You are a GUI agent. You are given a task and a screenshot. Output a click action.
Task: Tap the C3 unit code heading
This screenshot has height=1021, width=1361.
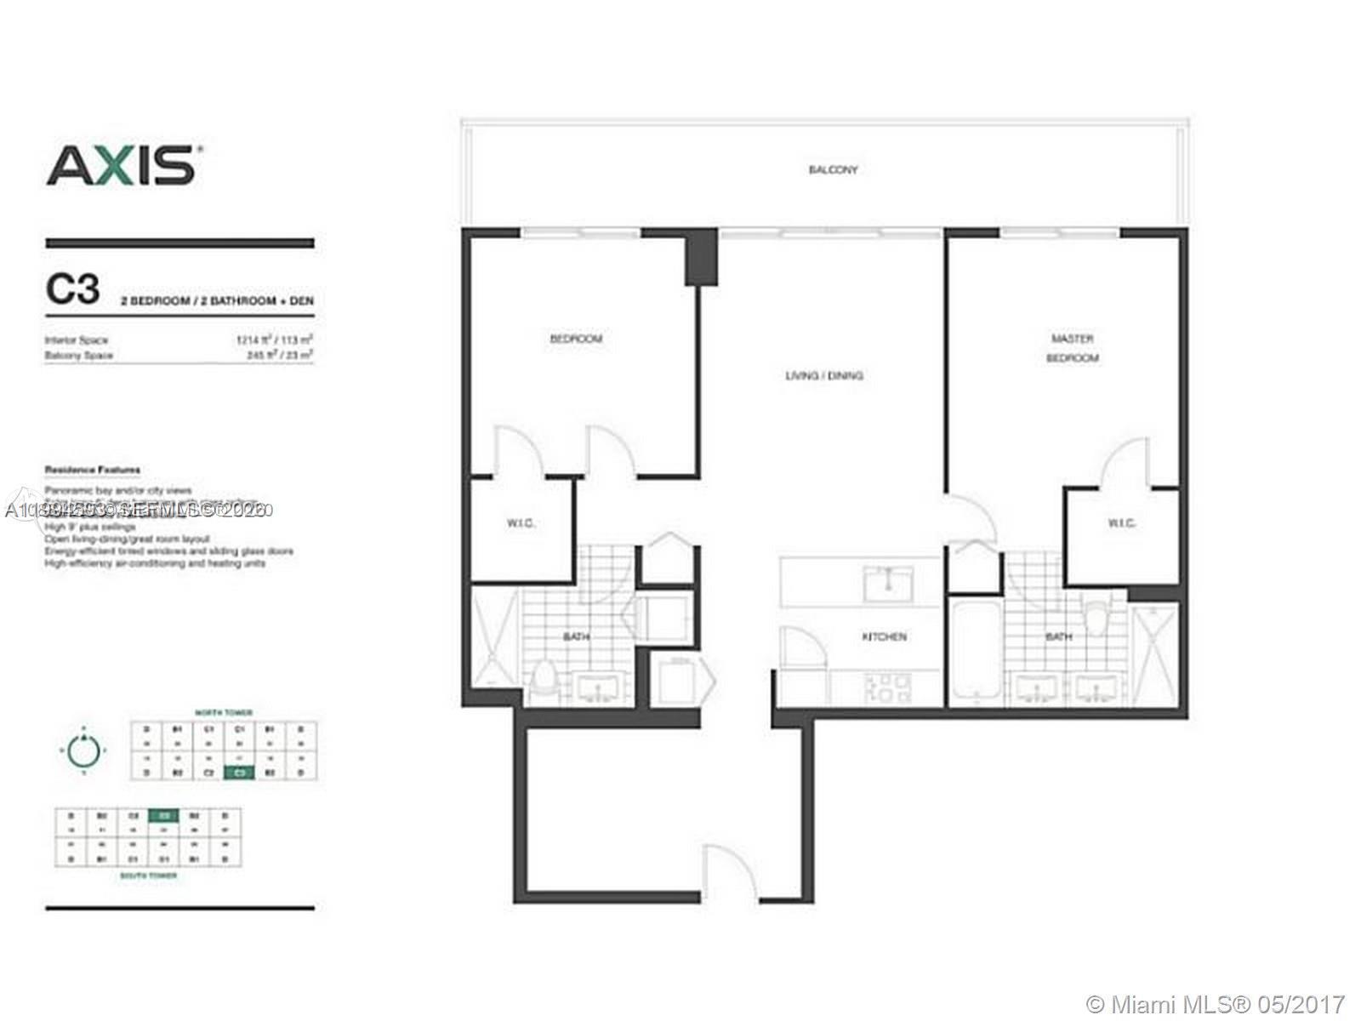tap(72, 290)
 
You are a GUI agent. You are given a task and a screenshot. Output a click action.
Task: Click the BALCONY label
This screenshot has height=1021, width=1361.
tap(833, 170)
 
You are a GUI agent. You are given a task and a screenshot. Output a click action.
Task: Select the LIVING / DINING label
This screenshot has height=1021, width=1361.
tap(823, 375)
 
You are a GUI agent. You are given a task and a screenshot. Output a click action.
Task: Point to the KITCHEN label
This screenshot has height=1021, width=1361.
tap(885, 636)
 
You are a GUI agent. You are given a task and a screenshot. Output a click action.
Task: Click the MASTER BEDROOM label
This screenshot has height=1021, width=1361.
tap(1072, 348)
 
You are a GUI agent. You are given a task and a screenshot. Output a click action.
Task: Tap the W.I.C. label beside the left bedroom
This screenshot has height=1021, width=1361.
tap(521, 523)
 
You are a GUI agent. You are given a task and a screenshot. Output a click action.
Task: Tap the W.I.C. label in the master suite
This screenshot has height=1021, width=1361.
tap(1121, 523)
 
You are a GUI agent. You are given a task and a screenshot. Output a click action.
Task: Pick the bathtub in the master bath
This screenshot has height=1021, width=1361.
tap(975, 650)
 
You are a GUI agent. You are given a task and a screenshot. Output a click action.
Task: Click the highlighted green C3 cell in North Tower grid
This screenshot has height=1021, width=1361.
tap(240, 773)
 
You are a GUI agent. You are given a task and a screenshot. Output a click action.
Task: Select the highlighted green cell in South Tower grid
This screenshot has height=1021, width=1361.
tap(163, 815)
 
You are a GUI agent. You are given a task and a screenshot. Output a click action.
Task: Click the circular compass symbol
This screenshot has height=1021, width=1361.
tap(83, 750)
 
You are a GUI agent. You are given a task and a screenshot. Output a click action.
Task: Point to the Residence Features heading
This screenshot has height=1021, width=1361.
tap(93, 470)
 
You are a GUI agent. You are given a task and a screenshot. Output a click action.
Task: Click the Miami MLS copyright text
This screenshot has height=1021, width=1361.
tap(1216, 1004)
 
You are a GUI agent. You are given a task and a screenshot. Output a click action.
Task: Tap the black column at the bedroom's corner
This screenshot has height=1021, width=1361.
tap(702, 259)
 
